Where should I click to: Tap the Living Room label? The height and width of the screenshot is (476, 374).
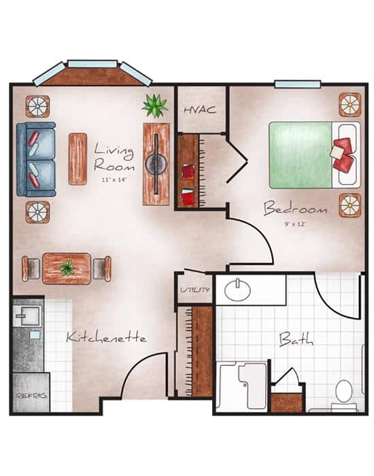point(114,156)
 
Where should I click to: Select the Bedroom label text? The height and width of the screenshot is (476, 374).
point(295,207)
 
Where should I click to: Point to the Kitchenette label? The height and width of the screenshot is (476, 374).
point(106,337)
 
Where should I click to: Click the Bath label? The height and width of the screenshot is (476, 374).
point(296,338)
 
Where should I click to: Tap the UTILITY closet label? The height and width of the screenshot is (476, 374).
point(194,290)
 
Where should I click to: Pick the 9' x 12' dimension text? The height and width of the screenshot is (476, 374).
point(296,223)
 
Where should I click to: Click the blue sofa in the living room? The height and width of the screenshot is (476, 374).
point(36,159)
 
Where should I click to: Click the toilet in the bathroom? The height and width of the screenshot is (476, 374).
point(344,393)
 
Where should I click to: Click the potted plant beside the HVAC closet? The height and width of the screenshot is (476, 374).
point(155,105)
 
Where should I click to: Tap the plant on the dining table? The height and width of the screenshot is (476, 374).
point(67,268)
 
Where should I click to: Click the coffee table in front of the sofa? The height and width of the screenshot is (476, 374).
point(78,158)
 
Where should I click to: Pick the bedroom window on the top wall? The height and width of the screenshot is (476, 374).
point(297,84)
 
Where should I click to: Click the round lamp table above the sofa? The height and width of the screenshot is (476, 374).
point(37,106)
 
